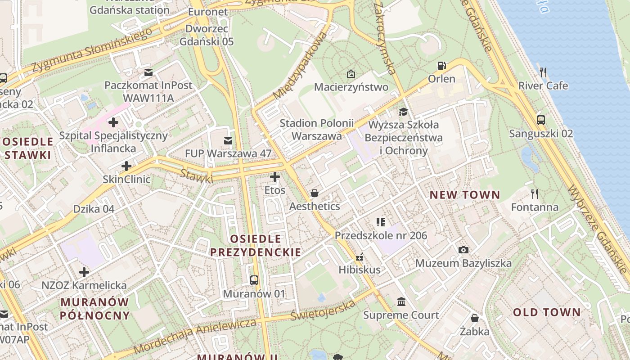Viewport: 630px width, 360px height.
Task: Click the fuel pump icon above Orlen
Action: [442, 66]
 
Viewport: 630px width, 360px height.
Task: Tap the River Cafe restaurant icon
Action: [543, 72]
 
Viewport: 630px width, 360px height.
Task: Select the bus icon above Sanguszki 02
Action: [541, 120]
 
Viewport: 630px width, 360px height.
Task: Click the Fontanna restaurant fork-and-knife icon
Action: [535, 194]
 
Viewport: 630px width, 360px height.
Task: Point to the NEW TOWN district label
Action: [464, 195]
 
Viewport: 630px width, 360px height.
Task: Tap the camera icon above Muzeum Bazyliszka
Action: [463, 250]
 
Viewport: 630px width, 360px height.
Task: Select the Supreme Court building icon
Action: [401, 301]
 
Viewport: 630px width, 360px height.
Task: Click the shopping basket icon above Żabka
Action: [474, 318]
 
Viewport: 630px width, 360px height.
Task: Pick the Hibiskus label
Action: [360, 270]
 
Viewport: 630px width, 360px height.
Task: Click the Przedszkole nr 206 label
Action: [381, 235]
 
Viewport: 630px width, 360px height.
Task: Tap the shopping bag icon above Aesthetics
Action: [315, 193]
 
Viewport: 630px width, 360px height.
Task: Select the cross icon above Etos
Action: [274, 177]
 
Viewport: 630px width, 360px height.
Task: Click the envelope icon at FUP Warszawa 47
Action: [228, 141]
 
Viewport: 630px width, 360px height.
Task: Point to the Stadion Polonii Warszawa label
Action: [316, 129]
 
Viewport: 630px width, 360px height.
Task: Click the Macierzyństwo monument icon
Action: [351, 73]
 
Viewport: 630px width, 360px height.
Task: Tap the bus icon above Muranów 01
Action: [254, 280]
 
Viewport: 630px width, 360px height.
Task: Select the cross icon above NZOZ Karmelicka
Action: [84, 272]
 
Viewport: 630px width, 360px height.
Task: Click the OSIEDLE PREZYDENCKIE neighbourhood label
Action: [256, 245]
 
